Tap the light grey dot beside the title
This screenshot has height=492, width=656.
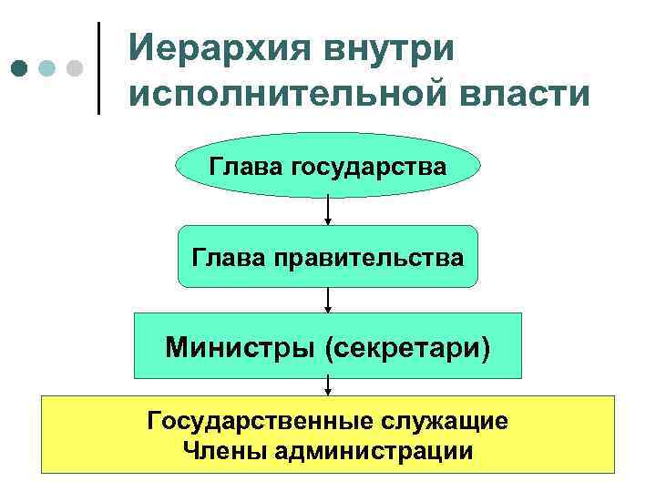(x=76, y=68)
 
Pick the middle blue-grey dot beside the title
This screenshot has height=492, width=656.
(x=46, y=68)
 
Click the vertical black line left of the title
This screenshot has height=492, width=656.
(x=98, y=68)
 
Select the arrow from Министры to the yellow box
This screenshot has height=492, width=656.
(x=328, y=387)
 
